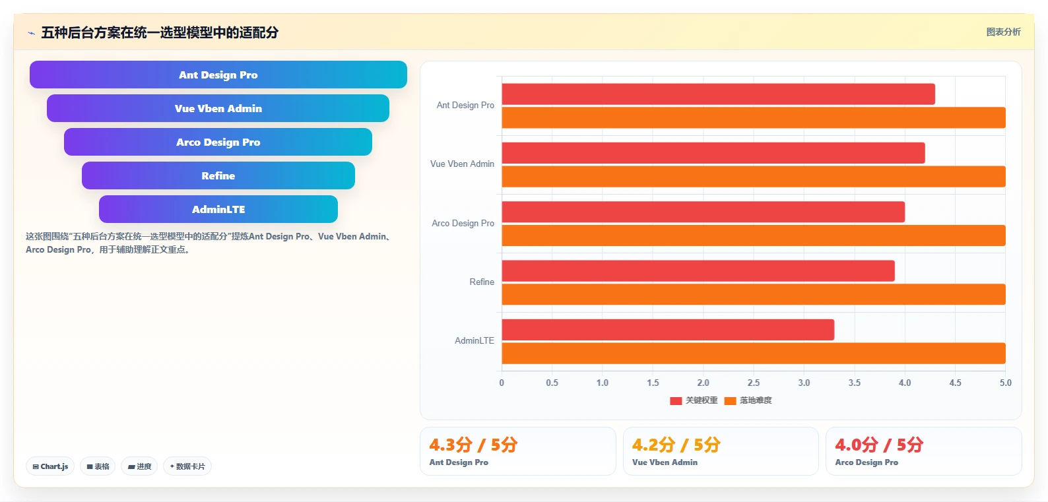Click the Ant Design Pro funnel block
(218, 75)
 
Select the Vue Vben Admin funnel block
(218, 108)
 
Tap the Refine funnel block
(218, 175)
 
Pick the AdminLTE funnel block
(218, 209)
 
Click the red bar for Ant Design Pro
(718, 94)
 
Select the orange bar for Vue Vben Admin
(754, 176)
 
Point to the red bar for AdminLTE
(668, 330)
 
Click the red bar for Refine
(698, 271)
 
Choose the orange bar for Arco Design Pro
(754, 235)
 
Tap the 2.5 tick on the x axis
(753, 383)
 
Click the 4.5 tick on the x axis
(955, 383)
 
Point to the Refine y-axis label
(481, 282)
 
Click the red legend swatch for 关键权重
(676, 401)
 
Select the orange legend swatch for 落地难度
(730, 401)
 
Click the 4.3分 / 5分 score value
(473, 445)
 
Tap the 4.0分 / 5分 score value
(879, 445)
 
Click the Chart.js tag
(50, 466)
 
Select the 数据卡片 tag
(187, 466)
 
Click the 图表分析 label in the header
(1004, 32)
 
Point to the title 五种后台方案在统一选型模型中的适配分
(160, 32)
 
